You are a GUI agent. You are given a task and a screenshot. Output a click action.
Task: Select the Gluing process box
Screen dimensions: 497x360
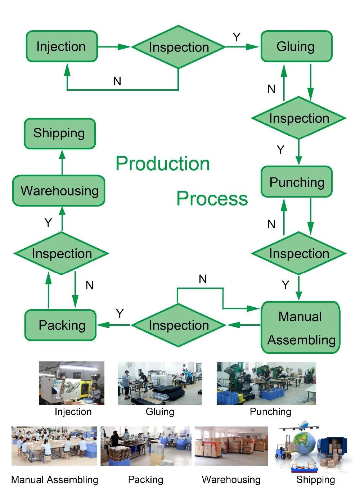(x=296, y=46)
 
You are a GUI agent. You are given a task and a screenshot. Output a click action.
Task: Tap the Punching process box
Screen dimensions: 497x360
(x=297, y=182)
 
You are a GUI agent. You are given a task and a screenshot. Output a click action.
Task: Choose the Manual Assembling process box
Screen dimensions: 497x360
(x=301, y=327)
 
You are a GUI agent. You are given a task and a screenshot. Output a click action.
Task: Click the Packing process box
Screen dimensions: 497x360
(x=61, y=325)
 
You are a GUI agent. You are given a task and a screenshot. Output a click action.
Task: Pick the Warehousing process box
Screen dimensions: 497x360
(x=59, y=191)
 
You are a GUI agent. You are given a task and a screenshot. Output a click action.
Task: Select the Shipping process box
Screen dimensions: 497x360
(x=60, y=134)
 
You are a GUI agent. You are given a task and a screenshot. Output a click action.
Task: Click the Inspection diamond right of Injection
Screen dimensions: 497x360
(x=179, y=47)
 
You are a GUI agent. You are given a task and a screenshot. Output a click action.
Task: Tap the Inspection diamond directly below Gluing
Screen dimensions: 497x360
(x=299, y=118)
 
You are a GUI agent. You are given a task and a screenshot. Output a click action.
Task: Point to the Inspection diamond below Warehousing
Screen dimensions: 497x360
(x=62, y=253)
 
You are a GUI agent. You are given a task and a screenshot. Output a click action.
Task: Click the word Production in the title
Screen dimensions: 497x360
(x=163, y=164)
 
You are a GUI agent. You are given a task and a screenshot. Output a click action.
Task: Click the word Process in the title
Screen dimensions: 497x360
(x=212, y=199)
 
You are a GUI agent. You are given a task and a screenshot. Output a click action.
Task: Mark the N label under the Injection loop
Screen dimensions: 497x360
(x=117, y=81)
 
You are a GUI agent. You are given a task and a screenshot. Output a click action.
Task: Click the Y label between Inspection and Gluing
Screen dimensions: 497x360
(x=237, y=37)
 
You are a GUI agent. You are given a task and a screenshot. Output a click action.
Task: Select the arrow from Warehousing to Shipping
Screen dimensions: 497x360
(x=62, y=162)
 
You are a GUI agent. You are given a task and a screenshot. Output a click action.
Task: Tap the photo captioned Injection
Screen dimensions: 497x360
(x=72, y=383)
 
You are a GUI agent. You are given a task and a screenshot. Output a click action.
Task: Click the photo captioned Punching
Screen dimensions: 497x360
(x=266, y=383)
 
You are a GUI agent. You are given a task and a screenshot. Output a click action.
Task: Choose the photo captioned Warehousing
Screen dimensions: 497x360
(x=231, y=446)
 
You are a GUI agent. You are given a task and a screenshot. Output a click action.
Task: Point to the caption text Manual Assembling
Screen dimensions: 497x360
(x=55, y=480)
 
